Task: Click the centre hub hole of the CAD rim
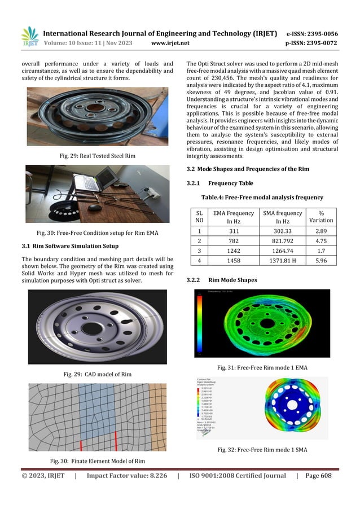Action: (x=91, y=328)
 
